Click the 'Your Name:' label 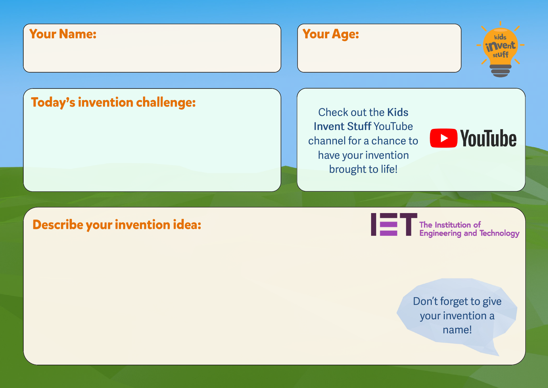pyautogui.click(x=63, y=34)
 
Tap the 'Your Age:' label pyautogui.click(x=331, y=34)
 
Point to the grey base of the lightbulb pyautogui.click(x=500, y=71)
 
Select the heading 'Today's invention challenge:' pyautogui.click(x=113, y=103)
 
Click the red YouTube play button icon pyautogui.click(x=444, y=138)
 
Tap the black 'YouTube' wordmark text pyautogui.click(x=488, y=139)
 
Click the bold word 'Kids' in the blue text pyautogui.click(x=398, y=112)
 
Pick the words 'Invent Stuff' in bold pyautogui.click(x=342, y=126)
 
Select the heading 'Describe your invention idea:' pyautogui.click(x=117, y=225)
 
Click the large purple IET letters pyautogui.click(x=394, y=225)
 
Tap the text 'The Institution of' pyautogui.click(x=450, y=225)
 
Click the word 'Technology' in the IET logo pyautogui.click(x=499, y=234)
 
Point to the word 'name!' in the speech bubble pyautogui.click(x=457, y=330)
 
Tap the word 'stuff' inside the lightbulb pyautogui.click(x=501, y=55)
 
